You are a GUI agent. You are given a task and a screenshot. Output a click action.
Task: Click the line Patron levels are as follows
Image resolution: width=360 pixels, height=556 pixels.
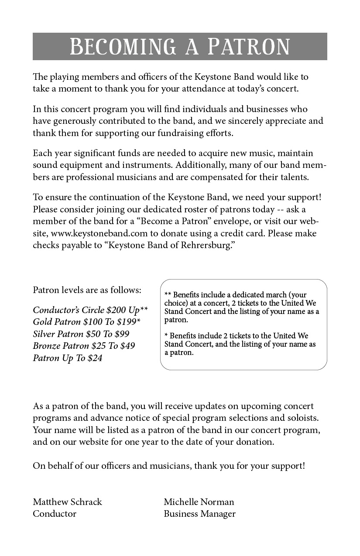coord(87,290)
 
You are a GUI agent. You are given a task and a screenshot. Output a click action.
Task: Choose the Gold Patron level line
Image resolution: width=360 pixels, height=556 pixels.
coord(86,322)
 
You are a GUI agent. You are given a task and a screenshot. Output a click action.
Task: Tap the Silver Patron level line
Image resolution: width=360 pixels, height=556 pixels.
coord(81,334)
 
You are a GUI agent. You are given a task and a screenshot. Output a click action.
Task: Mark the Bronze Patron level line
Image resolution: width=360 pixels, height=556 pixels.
coord(84,346)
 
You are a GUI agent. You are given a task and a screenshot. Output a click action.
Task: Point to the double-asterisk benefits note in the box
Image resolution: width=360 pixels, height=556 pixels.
coord(242,307)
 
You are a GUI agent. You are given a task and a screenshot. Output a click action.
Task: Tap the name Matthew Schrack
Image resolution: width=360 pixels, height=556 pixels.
coord(67,502)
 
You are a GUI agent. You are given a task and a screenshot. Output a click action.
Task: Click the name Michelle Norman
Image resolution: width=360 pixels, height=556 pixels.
coord(199,502)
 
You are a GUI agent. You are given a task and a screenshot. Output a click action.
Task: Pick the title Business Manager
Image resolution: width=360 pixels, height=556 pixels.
coord(199,514)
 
